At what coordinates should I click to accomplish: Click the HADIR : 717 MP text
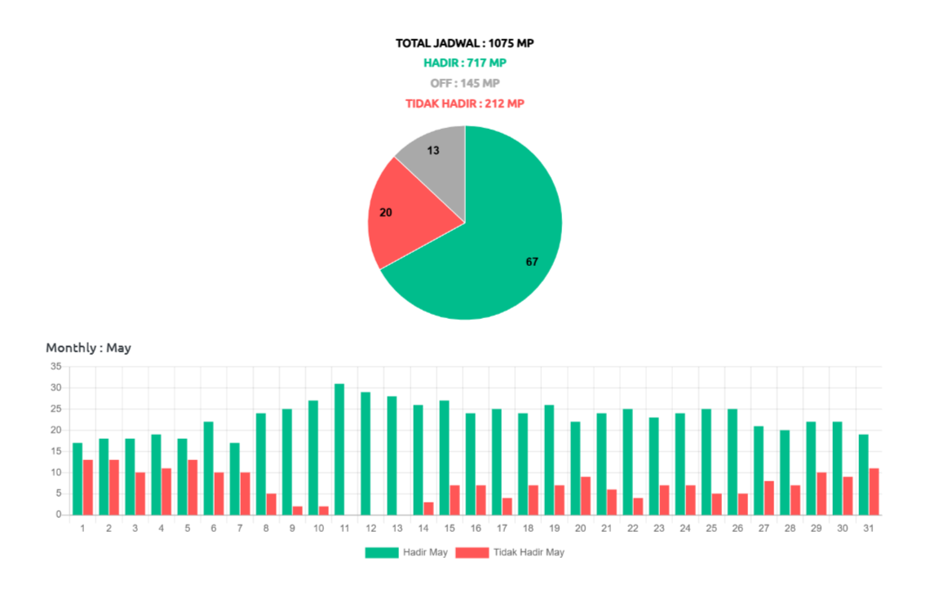pyautogui.click(x=465, y=63)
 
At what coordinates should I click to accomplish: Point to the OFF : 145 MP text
pyautogui.click(x=465, y=83)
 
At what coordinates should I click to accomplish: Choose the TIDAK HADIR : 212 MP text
pyautogui.click(x=465, y=104)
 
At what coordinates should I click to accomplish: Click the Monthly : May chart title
pyautogui.click(x=88, y=347)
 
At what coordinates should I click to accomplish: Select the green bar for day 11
pyautogui.click(x=339, y=449)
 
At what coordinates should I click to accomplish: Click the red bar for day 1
pyautogui.click(x=88, y=487)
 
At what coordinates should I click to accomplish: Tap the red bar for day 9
pyautogui.click(x=298, y=510)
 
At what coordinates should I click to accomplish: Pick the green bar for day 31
pyautogui.click(x=863, y=474)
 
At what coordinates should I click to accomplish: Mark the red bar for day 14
pyautogui.click(x=428, y=508)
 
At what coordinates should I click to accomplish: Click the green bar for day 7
pyautogui.click(x=234, y=478)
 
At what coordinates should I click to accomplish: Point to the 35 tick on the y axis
pyautogui.click(x=55, y=366)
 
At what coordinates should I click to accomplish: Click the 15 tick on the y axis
pyautogui.click(x=55, y=451)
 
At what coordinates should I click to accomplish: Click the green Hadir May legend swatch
pyautogui.click(x=381, y=552)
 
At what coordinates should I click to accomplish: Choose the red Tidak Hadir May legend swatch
pyautogui.click(x=472, y=552)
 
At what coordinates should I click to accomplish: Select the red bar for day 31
pyautogui.click(x=874, y=491)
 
